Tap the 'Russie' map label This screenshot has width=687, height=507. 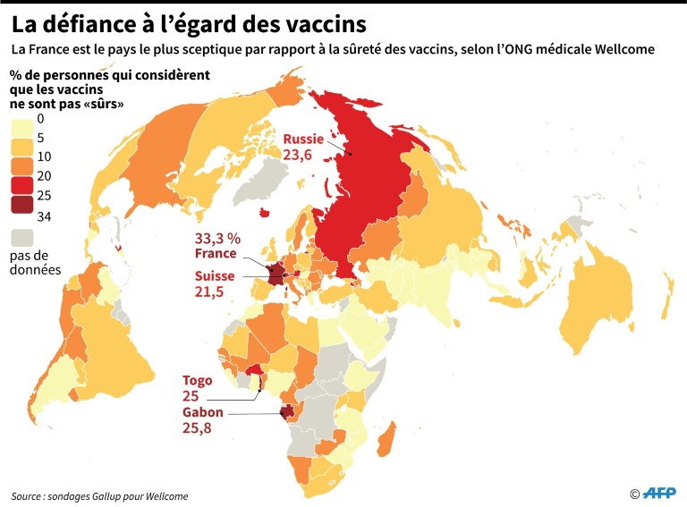304,139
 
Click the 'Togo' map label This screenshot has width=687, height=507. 197,379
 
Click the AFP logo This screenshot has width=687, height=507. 660,493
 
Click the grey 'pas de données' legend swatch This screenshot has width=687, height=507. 21,238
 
